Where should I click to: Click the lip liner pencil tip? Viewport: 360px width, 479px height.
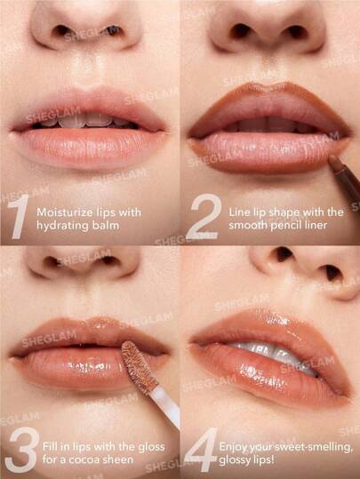click(x=332, y=162)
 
